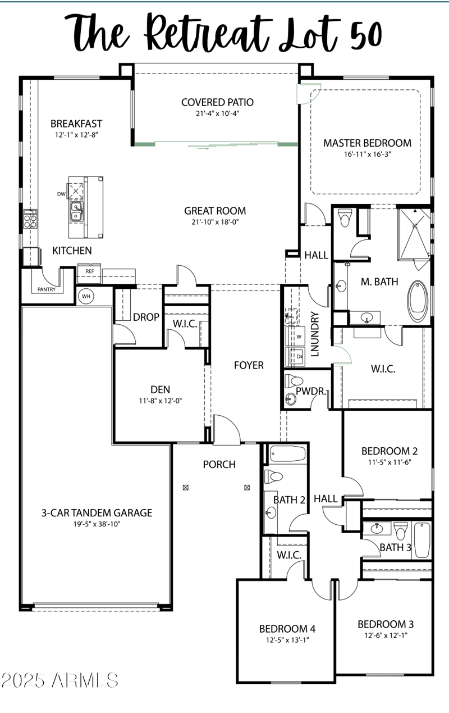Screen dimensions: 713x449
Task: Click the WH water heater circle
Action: (86, 296)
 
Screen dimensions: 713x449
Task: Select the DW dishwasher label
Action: (61, 194)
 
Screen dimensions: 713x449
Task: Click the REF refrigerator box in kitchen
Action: (90, 271)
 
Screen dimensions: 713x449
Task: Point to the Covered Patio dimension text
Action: (217, 113)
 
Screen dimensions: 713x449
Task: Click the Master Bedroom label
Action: (367, 143)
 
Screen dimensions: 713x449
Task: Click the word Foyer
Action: (249, 366)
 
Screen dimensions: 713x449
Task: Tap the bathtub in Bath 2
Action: (287, 453)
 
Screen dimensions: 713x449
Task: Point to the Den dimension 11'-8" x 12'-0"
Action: (160, 401)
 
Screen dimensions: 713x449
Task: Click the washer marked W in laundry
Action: (295, 336)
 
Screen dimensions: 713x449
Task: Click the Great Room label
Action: (215, 211)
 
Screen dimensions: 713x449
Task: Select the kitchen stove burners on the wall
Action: (29, 219)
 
